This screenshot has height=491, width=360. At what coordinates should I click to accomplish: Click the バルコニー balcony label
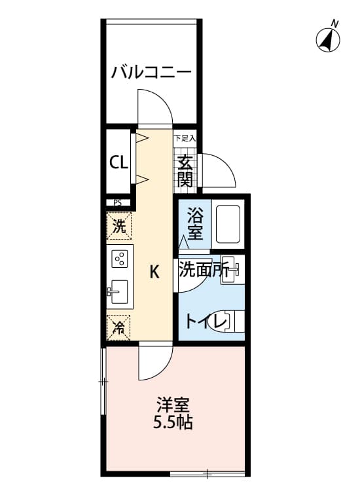click(151, 71)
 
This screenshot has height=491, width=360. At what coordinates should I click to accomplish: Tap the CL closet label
click(118, 162)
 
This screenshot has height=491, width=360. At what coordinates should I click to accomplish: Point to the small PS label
click(118, 203)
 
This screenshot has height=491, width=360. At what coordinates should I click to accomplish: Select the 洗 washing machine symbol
click(119, 227)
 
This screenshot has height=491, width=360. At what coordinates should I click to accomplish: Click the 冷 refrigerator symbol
click(119, 327)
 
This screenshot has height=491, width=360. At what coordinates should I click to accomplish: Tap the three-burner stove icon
click(120, 259)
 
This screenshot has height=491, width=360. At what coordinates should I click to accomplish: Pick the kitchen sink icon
click(119, 292)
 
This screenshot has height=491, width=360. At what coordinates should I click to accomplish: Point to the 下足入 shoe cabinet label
click(185, 139)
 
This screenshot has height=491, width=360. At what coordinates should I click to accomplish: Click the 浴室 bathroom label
click(194, 223)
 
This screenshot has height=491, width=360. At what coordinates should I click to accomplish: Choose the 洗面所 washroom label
click(204, 270)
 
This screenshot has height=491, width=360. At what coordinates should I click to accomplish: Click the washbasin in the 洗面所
click(232, 270)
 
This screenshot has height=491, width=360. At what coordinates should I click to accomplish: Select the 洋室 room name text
click(173, 405)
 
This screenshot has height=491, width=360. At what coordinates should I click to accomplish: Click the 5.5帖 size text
click(173, 423)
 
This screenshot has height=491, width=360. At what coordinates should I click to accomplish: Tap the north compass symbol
click(329, 39)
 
